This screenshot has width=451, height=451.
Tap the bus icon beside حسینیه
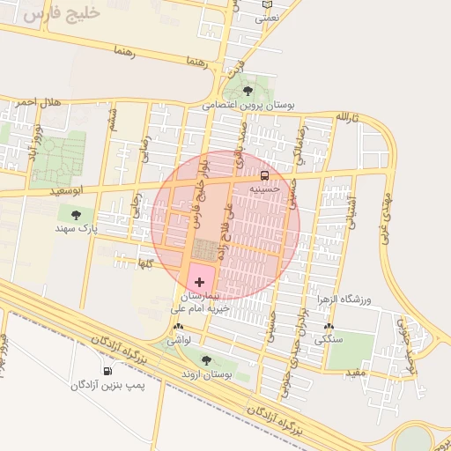tap(266, 174)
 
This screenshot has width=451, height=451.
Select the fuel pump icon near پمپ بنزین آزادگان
tap(107, 371)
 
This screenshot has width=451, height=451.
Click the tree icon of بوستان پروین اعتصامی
tap(248, 90)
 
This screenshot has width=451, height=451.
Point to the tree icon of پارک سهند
tap(76, 214)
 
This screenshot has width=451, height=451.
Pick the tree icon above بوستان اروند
tap(206, 359)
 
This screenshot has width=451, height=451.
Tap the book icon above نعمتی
tap(268, 4)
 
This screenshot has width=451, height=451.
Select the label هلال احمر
tap(38, 103)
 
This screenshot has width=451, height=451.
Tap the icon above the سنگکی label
tap(329, 326)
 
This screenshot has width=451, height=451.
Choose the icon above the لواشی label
tap(177, 326)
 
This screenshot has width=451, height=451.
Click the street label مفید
tap(355, 373)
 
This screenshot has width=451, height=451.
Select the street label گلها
tap(144, 262)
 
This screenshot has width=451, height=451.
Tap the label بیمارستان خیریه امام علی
tap(203, 304)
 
